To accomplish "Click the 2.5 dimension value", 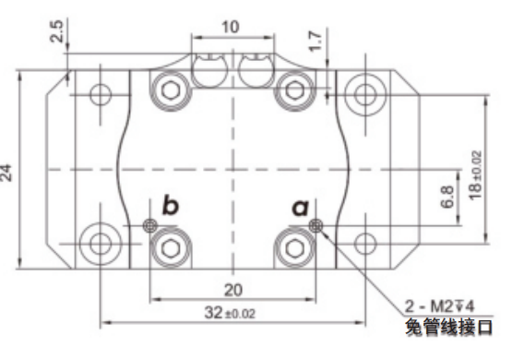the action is pos(57,31).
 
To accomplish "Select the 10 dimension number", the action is pos(231,27).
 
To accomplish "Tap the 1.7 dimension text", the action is pos(316,42).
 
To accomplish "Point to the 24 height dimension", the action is pos(6,173).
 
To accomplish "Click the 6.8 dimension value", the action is pos(447,197).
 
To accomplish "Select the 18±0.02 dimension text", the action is pos(476,175).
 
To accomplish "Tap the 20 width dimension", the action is pos(232,290).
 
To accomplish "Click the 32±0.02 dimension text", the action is pos(230,313).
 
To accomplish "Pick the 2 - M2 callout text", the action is pos(439,306).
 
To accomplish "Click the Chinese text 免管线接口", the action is pos(448,327).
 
